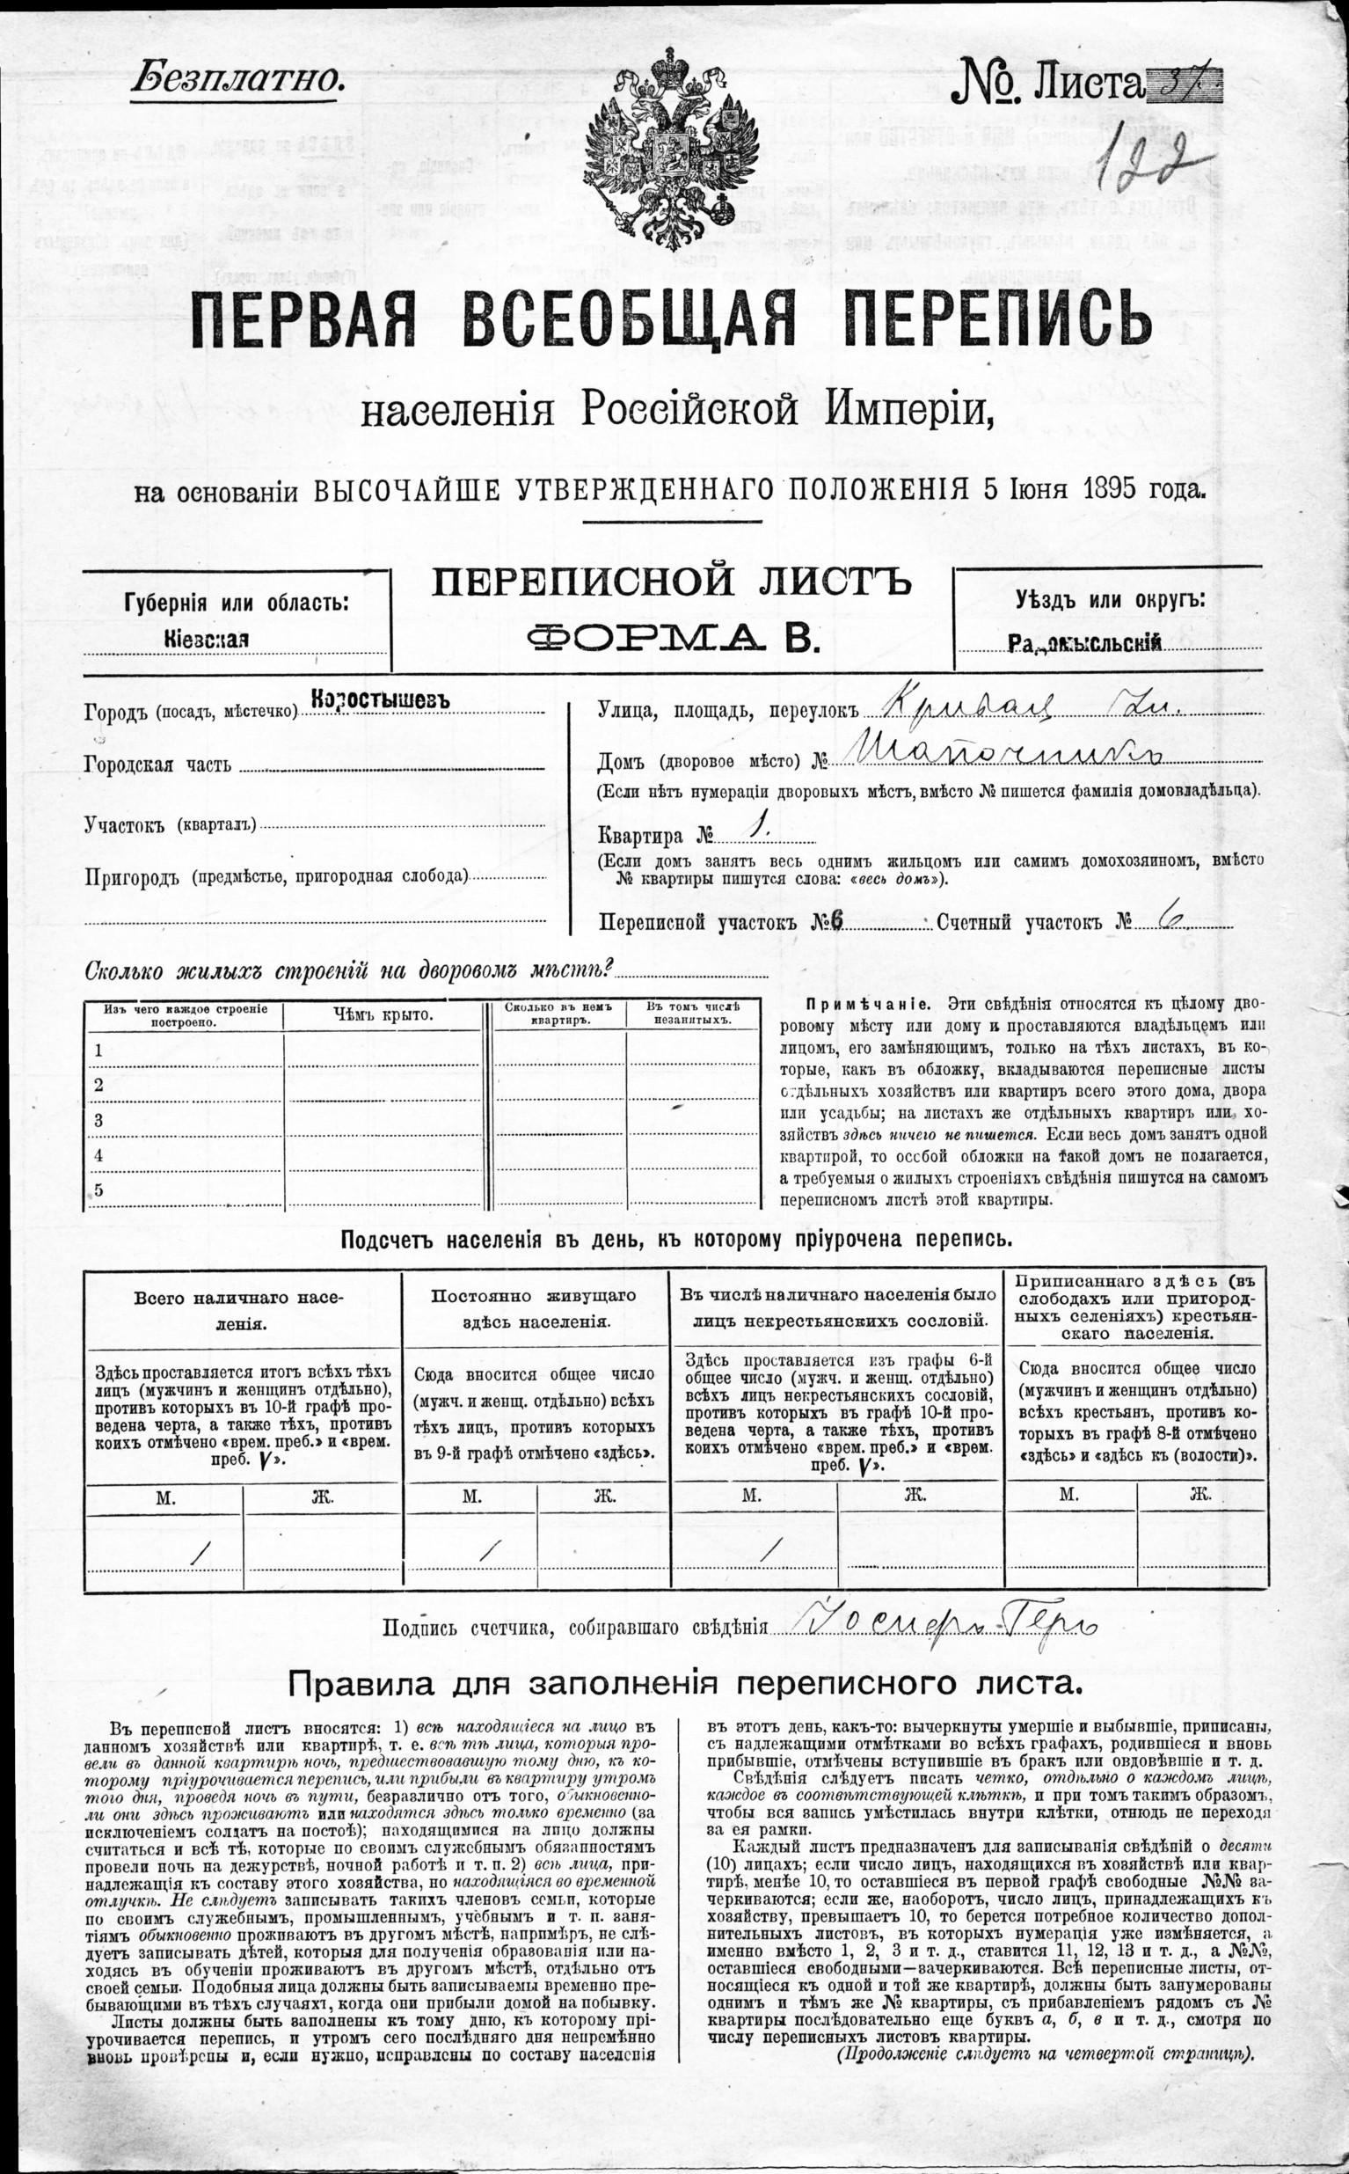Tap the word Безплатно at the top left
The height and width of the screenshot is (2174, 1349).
237,79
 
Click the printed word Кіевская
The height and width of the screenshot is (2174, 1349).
206,639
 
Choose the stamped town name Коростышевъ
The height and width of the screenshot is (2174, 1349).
381,700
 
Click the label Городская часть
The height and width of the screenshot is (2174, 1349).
157,765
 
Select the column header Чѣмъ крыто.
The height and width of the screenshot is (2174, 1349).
383,1014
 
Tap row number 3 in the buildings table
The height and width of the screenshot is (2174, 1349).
98,1120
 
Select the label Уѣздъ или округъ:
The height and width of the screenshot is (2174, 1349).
1109,600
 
